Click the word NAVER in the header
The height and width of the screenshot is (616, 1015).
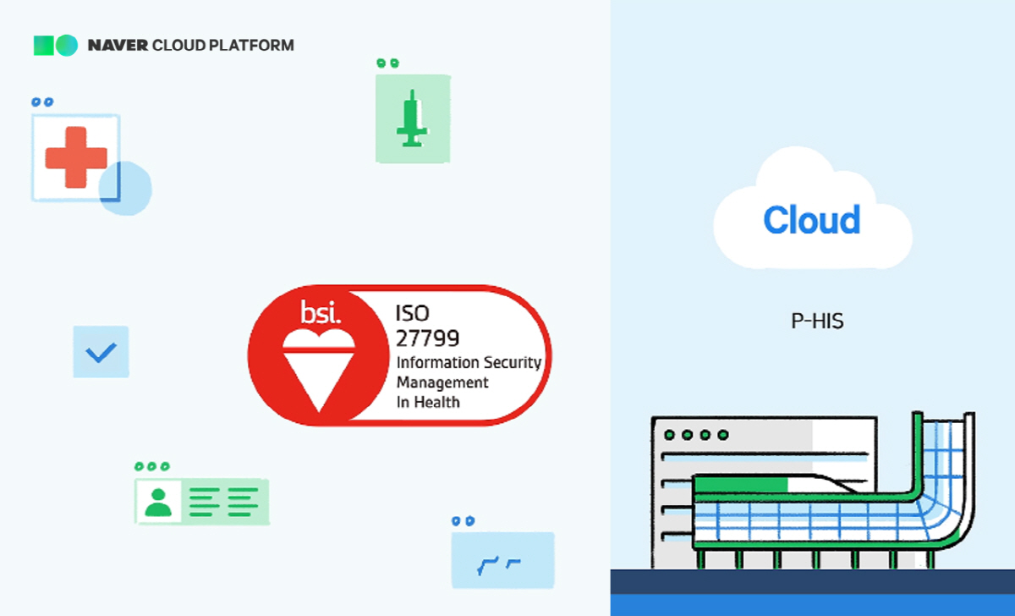pyautogui.click(x=118, y=46)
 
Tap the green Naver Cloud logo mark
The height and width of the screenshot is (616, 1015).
pyautogui.click(x=55, y=46)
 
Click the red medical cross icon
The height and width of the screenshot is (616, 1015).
pyautogui.click(x=76, y=157)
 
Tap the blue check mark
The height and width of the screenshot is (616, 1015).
pyautogui.click(x=101, y=351)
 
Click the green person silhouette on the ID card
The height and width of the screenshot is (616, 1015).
pyautogui.click(x=158, y=501)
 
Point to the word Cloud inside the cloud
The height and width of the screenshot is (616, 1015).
pyautogui.click(x=811, y=221)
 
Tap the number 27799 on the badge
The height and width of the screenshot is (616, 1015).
pyautogui.click(x=427, y=338)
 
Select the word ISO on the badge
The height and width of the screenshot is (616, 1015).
pyautogui.click(x=412, y=313)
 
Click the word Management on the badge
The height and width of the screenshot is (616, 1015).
pyautogui.click(x=442, y=382)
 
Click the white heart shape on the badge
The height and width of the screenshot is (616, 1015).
pyautogui.click(x=317, y=341)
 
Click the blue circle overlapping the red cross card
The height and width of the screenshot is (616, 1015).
pyautogui.click(x=125, y=188)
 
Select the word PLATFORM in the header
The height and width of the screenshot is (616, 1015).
pyautogui.click(x=252, y=46)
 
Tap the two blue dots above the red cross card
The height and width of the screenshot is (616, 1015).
pyautogui.click(x=42, y=102)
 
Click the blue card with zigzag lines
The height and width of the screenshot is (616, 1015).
pyautogui.click(x=502, y=560)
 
